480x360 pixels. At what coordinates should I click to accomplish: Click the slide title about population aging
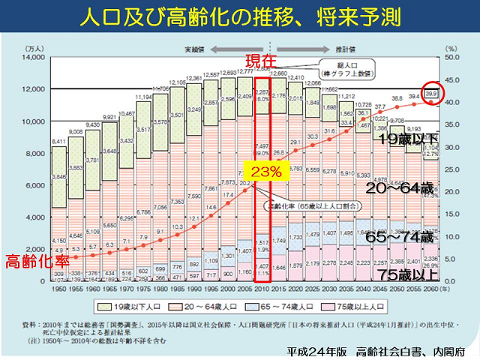239,16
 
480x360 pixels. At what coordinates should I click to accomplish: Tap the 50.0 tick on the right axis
456,57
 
